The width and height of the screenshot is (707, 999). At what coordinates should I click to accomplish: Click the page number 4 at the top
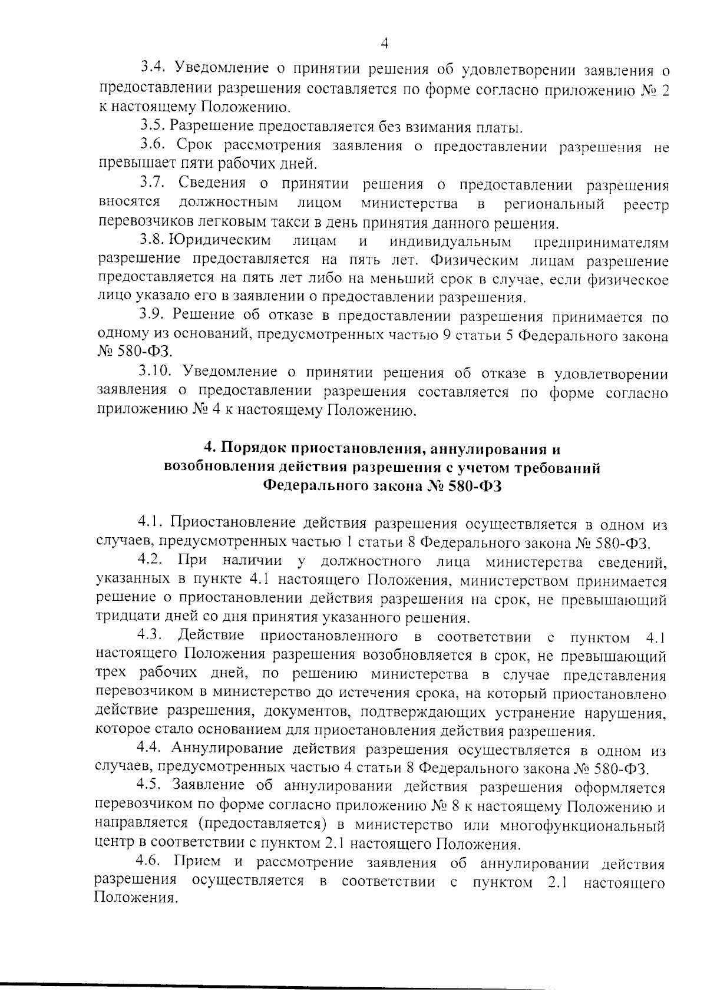pyautogui.click(x=384, y=43)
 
